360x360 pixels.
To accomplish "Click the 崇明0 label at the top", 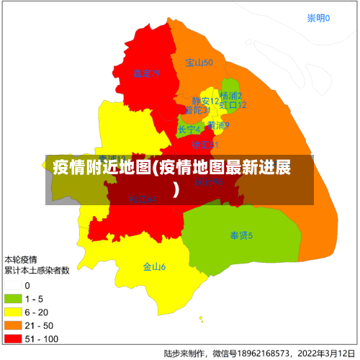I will click(x=318, y=18).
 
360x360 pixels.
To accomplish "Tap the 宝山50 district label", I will click(x=199, y=63).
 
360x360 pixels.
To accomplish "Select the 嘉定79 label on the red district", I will click(x=146, y=73).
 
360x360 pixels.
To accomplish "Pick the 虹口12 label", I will click(x=233, y=105).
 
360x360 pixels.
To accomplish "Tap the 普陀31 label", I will click(x=197, y=110).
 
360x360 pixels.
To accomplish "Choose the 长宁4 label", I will click(x=189, y=130).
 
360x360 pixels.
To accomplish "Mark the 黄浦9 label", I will click(x=218, y=125).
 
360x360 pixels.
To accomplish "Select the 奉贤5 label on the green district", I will click(x=241, y=235).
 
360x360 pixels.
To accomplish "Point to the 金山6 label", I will click(x=154, y=266).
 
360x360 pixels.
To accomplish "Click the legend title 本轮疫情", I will click(x=21, y=258).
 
